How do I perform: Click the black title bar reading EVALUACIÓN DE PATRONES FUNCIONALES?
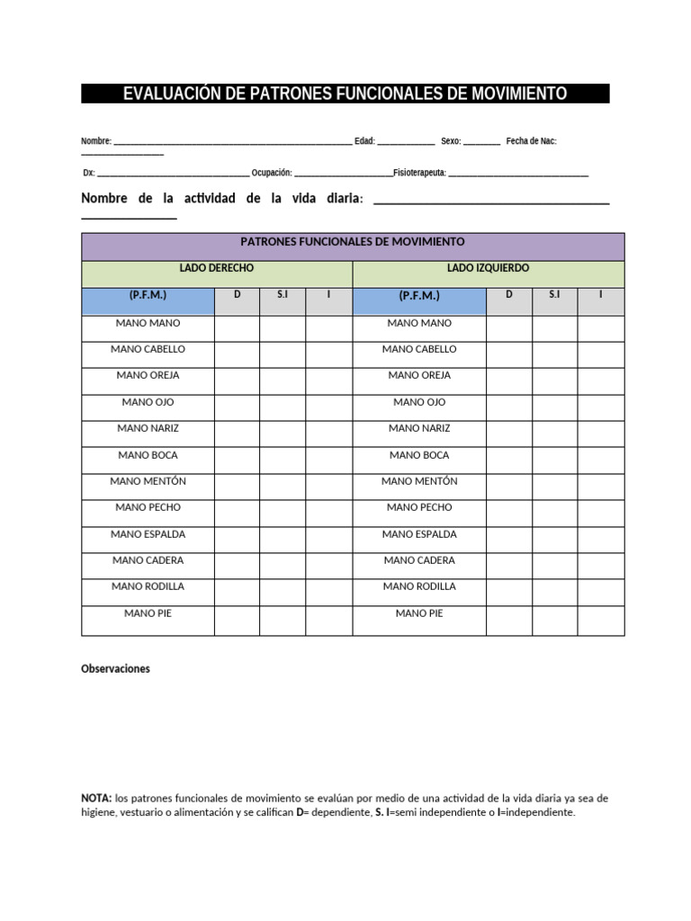point(345,94)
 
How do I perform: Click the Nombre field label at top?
point(95,141)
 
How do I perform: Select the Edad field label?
point(364,141)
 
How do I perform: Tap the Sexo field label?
point(451,141)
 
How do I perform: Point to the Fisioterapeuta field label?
point(419,172)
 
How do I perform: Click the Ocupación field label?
point(272,172)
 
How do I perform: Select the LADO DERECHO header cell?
point(217,269)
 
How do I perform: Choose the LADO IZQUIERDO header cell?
point(488,269)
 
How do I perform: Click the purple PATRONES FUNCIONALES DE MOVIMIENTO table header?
point(353,242)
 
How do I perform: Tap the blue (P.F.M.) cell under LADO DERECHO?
point(148,296)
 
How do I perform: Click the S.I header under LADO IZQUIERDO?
point(554,295)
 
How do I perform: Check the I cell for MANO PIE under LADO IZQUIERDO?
point(600,621)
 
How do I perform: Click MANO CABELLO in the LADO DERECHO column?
point(148,350)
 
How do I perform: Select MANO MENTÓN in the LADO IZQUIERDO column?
point(419,482)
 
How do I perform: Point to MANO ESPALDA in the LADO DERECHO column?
point(148,534)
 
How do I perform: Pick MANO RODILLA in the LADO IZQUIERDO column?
point(419,586)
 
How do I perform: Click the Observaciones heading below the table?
point(115,669)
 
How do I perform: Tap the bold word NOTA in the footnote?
point(95,798)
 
